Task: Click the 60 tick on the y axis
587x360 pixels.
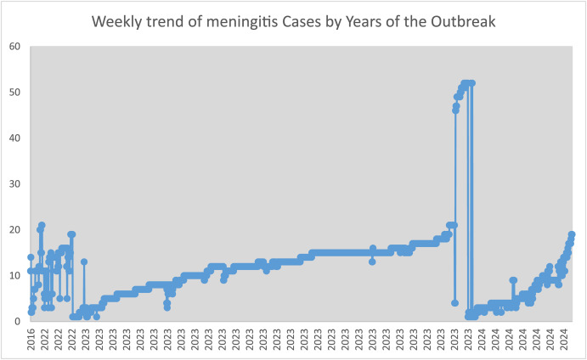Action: click(14, 46)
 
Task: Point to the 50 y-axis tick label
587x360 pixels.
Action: click(14, 92)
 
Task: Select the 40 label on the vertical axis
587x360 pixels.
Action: click(14, 138)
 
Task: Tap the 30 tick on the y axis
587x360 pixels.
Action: click(14, 183)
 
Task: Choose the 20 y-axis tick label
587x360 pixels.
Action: click(14, 229)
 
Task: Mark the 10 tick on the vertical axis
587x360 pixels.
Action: click(14, 275)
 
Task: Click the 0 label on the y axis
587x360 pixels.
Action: click(18, 321)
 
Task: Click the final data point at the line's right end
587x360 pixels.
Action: click(572, 234)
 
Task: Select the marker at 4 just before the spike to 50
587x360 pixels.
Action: click(454, 303)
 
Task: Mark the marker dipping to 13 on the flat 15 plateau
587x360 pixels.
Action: click(372, 262)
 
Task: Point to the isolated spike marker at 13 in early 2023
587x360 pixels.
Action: click(84, 262)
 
